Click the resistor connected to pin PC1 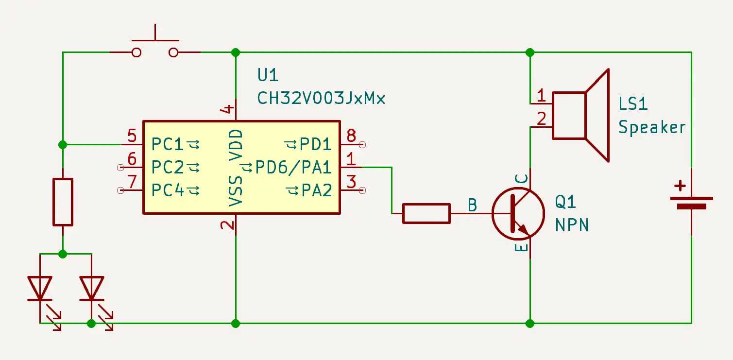click(x=63, y=202)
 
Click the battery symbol click(x=691, y=202)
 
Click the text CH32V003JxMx click(x=321, y=98)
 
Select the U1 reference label click(x=268, y=75)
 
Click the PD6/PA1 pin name click(x=293, y=168)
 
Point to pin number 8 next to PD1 click(x=351, y=136)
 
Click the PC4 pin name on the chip click(x=168, y=190)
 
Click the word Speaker click(x=651, y=127)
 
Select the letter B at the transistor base click(x=472, y=205)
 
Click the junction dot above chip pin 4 click(x=236, y=52)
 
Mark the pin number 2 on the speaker click(x=542, y=118)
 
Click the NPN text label click(x=572, y=225)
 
